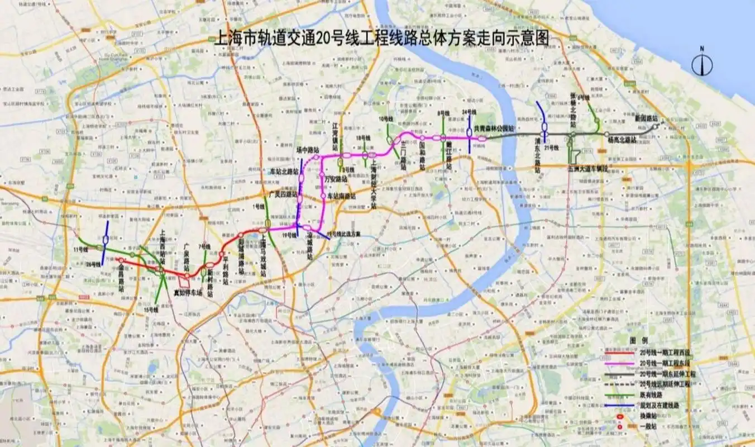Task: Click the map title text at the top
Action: [x=382, y=39]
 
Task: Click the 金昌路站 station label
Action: [x=121, y=277]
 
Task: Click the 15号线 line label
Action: [x=150, y=308]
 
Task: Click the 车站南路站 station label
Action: [x=342, y=196]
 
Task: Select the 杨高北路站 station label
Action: [x=622, y=140]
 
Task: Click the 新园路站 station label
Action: [x=647, y=119]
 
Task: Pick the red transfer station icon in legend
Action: [x=620, y=416]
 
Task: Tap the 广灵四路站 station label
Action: [x=283, y=194]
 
